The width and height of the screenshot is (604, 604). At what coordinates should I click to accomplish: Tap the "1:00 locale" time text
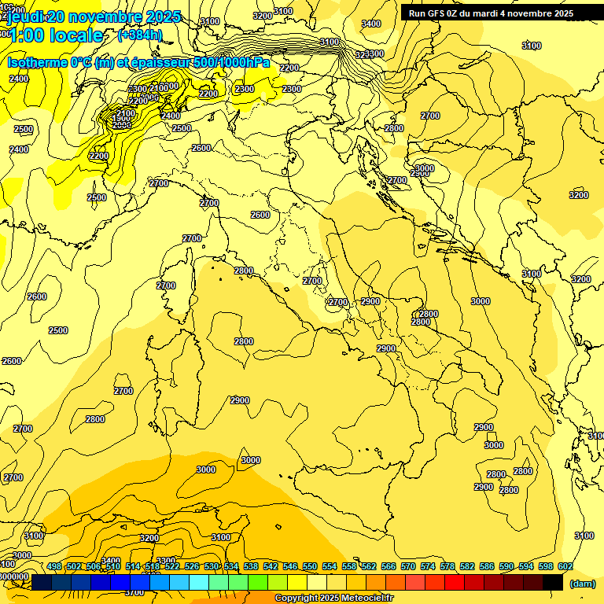coord(55,35)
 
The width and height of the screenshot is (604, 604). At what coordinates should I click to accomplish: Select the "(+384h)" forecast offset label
coord(140,35)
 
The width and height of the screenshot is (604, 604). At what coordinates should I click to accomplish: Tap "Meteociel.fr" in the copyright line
coord(373,598)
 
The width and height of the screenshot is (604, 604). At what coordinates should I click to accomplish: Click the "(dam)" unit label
coord(582,583)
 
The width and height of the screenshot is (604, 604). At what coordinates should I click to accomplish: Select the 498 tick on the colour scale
coord(54,566)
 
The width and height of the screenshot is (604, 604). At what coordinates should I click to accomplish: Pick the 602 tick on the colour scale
coord(565,566)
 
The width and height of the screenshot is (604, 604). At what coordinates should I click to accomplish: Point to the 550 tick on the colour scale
coord(310,566)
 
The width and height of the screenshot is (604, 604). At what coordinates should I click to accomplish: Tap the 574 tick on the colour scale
coord(428,566)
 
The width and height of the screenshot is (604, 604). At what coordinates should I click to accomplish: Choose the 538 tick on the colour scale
coord(251,566)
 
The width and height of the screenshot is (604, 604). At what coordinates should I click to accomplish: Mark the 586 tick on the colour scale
coord(487,566)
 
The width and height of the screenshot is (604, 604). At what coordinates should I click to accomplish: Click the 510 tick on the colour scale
coord(113,566)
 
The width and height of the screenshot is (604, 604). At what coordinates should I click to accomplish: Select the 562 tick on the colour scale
coord(369,566)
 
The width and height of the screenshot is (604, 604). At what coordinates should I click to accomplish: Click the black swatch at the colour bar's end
coord(553,582)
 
